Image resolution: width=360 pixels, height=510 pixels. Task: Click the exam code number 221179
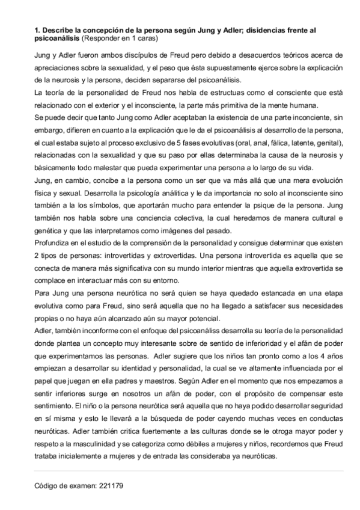pyautogui.click(x=111, y=484)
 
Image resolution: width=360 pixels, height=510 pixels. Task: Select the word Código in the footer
pyautogui.click(x=45, y=484)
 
